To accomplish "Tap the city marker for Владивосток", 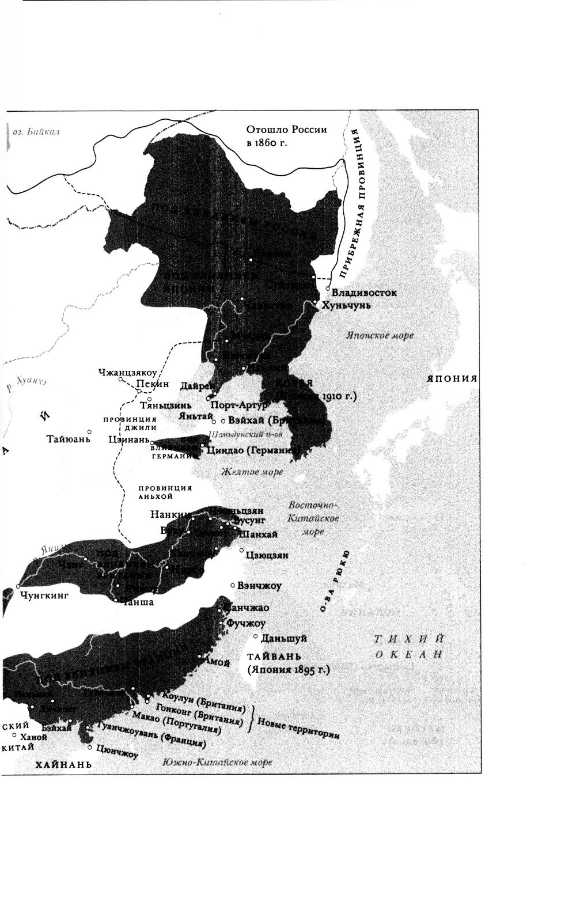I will tap(327, 289).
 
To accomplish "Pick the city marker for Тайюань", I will tap(89, 431).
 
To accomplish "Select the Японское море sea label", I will tap(380, 335).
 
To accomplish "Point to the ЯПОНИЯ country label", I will tap(452, 378).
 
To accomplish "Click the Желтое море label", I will tap(252, 472).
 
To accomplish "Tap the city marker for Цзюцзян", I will tap(242, 550).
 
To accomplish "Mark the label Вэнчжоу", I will tap(259, 586).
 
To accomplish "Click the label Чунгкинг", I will tap(44, 595).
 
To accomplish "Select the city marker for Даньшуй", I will tap(256, 636).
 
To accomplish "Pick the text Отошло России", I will tap(286, 130).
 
